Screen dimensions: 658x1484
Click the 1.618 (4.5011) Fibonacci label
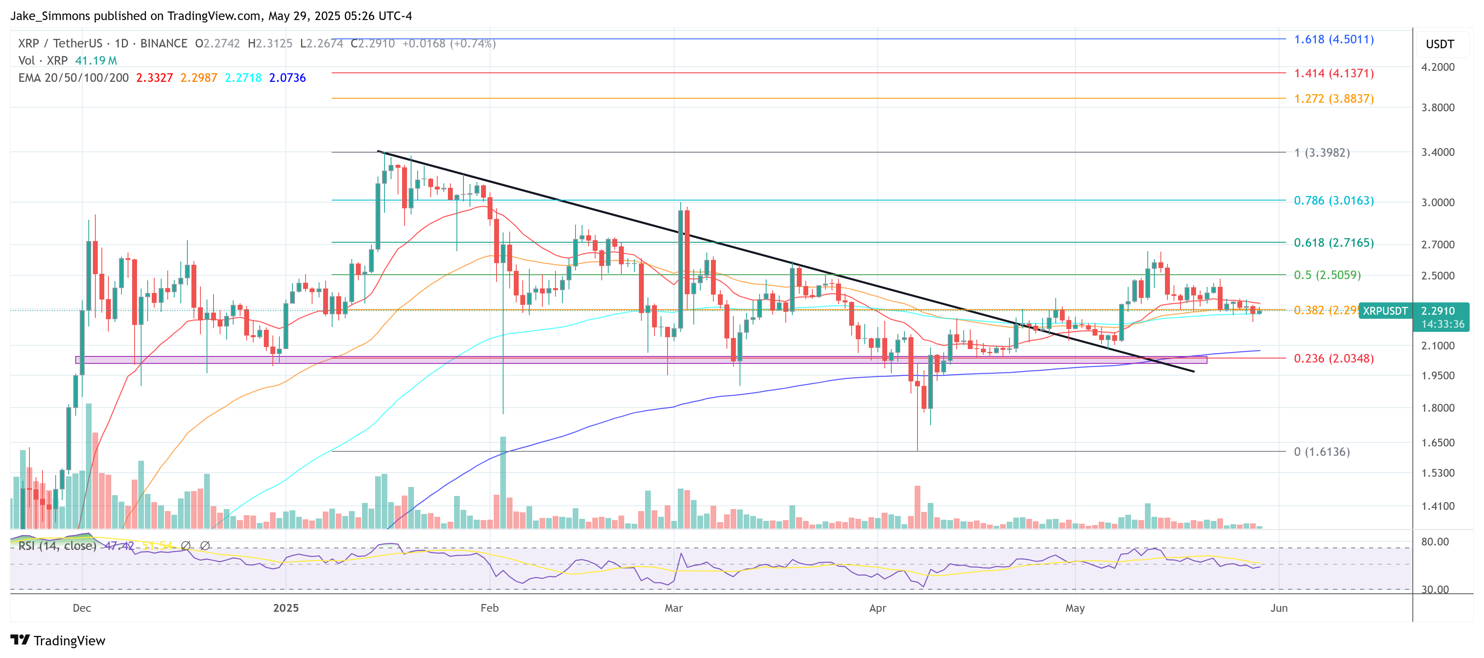click(1333, 39)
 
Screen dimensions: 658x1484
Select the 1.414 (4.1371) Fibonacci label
click(1333, 73)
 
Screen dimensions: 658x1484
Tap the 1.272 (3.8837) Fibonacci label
click(1333, 99)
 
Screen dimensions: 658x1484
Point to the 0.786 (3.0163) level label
click(1333, 201)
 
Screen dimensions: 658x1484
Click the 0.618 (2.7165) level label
click(1333, 243)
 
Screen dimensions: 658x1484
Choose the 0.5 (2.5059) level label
click(1327, 275)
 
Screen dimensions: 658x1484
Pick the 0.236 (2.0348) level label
click(1333, 358)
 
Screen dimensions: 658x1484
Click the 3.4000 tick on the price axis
click(1437, 152)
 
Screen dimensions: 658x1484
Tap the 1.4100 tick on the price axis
click(1437, 507)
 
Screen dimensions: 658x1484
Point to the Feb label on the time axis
click(489, 608)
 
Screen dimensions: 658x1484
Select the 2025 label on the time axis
click(286, 608)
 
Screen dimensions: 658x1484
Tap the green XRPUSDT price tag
click(1385, 311)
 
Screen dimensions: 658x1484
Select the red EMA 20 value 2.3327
click(154, 78)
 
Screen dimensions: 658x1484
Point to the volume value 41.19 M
click(96, 61)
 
